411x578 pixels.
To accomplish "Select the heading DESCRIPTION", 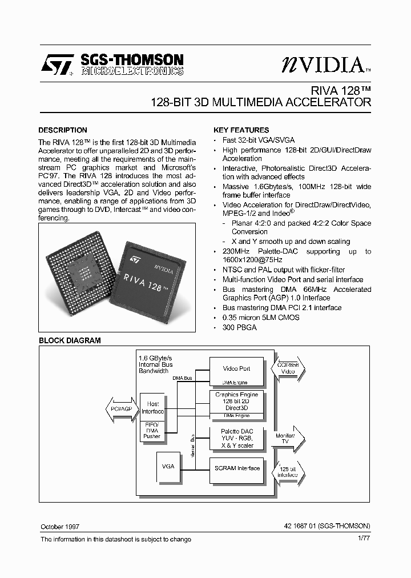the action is pyautogui.click(x=63, y=130).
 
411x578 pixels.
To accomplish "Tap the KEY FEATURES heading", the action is pyautogui.click(x=241, y=130).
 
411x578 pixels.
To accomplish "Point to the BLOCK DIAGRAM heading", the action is pyautogui.click(x=70, y=340).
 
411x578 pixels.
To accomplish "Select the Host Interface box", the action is pyautogui.click(x=152, y=408).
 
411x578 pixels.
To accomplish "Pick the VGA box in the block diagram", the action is pyautogui.click(x=168, y=467).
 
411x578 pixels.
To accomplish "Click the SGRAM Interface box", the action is pyautogui.click(x=236, y=468).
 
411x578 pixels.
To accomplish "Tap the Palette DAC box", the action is pyautogui.click(x=236, y=438).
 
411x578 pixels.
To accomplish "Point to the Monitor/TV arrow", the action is pyautogui.click(x=288, y=438).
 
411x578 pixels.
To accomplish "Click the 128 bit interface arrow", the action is pyautogui.click(x=289, y=471).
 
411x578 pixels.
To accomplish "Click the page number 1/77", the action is pyautogui.click(x=364, y=539).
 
